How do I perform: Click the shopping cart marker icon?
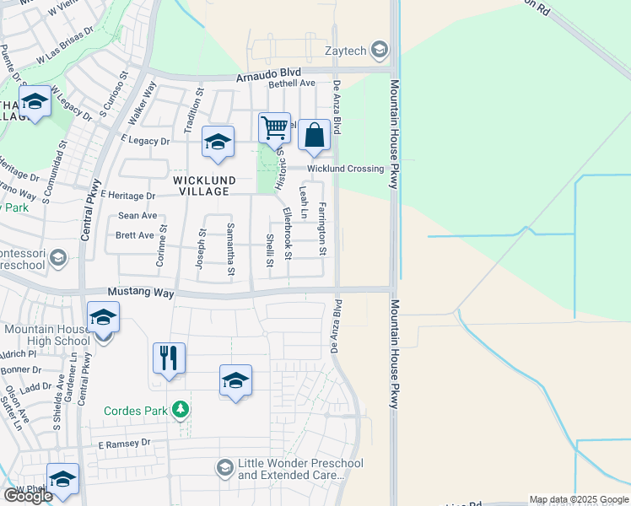(274, 128)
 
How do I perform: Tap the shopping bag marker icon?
(314, 135)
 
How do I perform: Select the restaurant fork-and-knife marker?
(169, 358)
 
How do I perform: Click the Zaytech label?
(347, 51)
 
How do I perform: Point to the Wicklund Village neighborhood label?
(202, 186)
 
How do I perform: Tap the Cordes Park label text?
(136, 411)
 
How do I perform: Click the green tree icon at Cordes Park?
(180, 411)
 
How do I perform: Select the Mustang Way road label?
(141, 293)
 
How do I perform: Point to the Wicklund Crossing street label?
(345, 169)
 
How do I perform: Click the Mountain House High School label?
(46, 335)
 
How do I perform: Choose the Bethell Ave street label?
(291, 83)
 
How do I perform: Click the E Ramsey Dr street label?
(123, 443)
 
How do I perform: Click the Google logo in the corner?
(28, 496)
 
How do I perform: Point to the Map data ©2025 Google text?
(579, 499)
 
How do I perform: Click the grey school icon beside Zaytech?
(380, 50)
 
